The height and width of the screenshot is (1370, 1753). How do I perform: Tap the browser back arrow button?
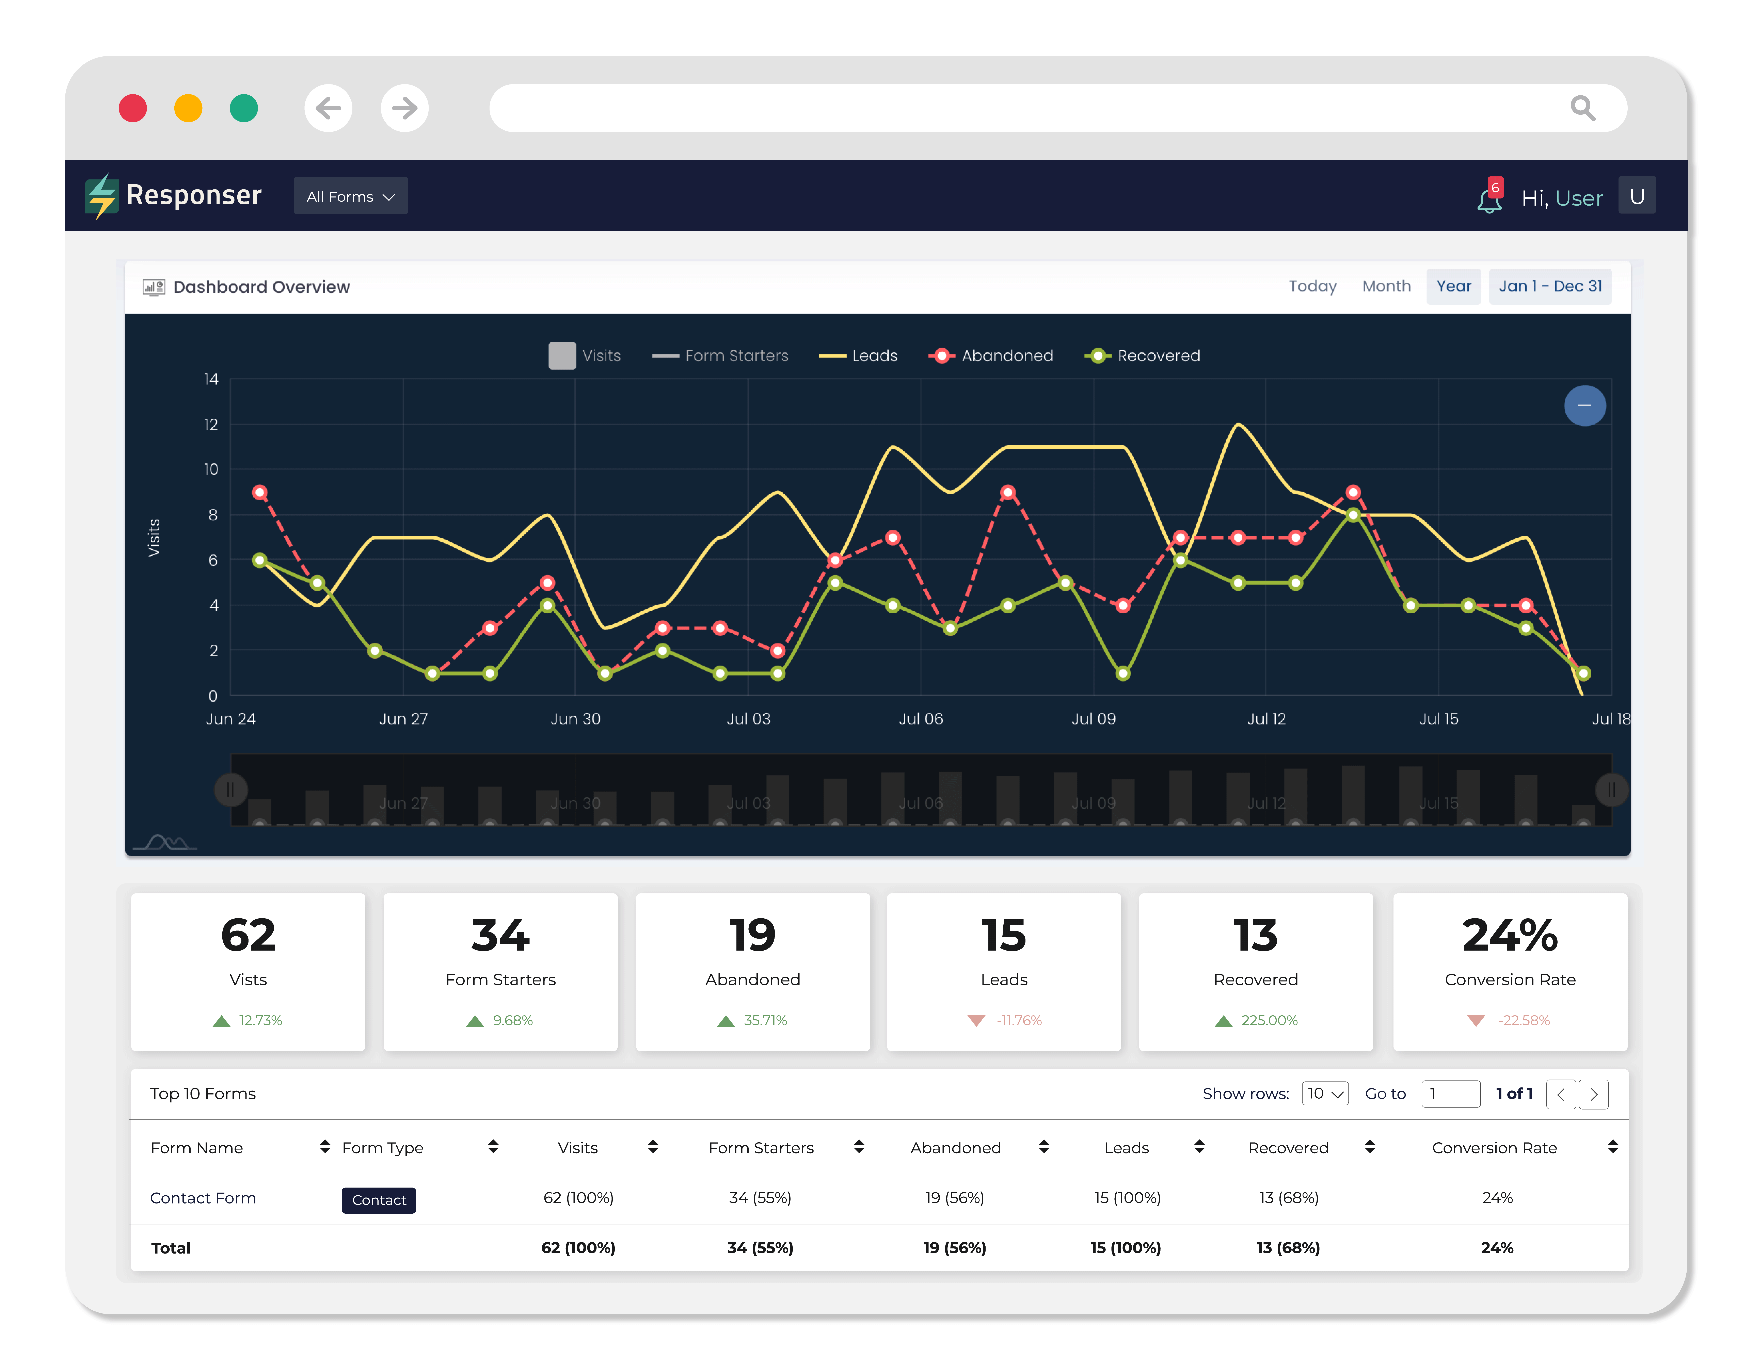[328, 108]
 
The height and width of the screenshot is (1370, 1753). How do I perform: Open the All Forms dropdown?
[351, 196]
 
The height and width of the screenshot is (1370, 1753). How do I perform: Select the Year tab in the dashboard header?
[1454, 287]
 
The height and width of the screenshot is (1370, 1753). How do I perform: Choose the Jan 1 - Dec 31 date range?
[1550, 287]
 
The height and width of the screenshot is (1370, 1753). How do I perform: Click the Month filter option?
[1386, 287]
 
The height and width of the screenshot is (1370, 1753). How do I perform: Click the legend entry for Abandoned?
[991, 355]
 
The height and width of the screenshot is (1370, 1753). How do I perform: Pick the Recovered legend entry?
[1142, 355]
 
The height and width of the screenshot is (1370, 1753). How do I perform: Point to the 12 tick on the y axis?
[211, 425]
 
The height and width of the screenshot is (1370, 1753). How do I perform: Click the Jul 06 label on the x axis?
[921, 719]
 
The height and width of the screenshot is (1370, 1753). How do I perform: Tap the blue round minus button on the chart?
[1584, 405]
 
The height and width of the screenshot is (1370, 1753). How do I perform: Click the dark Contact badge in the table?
[379, 1200]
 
